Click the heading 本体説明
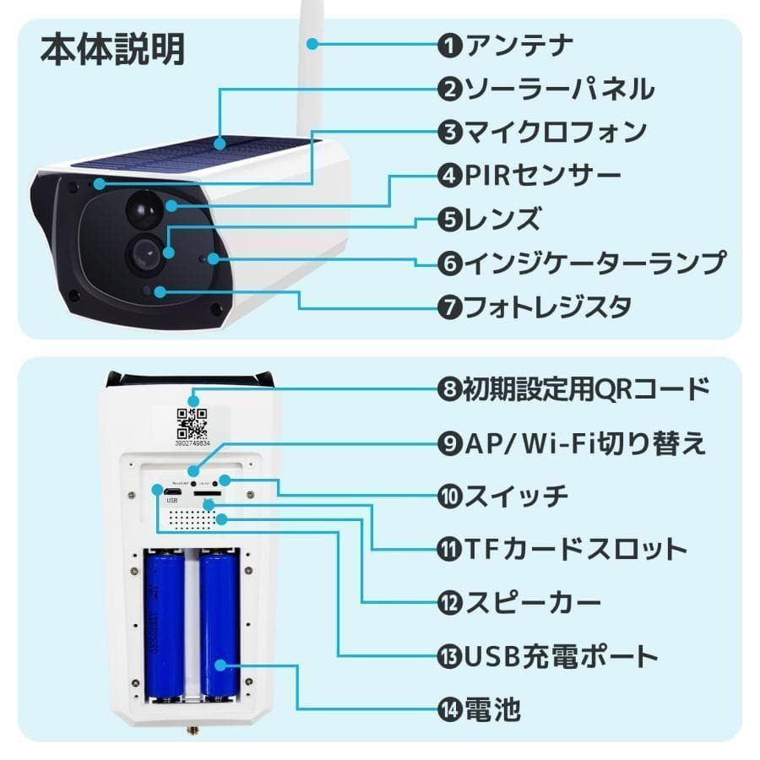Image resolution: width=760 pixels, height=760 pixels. (112, 50)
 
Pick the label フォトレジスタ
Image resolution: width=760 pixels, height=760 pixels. (548, 307)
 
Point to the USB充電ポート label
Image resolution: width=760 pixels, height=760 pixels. (562, 655)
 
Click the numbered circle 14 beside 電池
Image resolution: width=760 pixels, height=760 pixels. (449, 708)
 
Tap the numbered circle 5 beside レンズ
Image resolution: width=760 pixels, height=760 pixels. (449, 220)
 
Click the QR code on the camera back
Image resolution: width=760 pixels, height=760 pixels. (191, 422)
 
